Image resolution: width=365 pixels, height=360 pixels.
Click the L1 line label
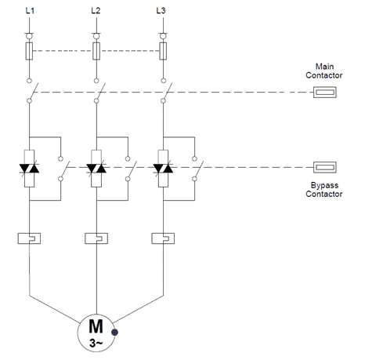click(30, 11)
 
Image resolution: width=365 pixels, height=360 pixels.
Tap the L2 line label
click(96, 11)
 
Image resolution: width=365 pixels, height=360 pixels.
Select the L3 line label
click(161, 11)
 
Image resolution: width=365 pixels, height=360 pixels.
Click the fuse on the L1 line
click(29, 51)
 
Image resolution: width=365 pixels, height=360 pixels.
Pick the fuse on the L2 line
click(96, 51)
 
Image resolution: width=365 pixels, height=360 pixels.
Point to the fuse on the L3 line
click(163, 51)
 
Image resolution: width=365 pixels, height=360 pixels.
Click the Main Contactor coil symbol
click(325, 93)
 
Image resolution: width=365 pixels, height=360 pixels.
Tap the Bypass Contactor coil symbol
click(325, 167)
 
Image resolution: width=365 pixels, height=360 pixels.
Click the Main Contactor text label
click(324, 71)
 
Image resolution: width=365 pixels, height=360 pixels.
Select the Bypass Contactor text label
click(324, 190)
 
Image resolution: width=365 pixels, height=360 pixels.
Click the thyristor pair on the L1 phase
click(29, 169)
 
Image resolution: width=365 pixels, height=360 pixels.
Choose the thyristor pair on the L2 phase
click(96, 169)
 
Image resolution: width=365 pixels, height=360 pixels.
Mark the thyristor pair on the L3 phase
click(163, 169)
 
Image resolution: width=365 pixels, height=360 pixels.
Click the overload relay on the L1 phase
click(29, 238)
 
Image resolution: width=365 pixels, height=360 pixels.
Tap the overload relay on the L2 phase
click(96, 238)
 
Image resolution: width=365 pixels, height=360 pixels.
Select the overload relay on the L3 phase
click(163, 238)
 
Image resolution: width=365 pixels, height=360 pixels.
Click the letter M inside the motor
click(96, 326)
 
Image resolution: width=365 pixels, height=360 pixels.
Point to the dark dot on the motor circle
click(114, 333)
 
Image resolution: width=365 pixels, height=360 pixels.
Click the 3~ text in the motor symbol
click(96, 343)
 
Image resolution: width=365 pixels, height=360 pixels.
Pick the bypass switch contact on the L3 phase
click(197, 169)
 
